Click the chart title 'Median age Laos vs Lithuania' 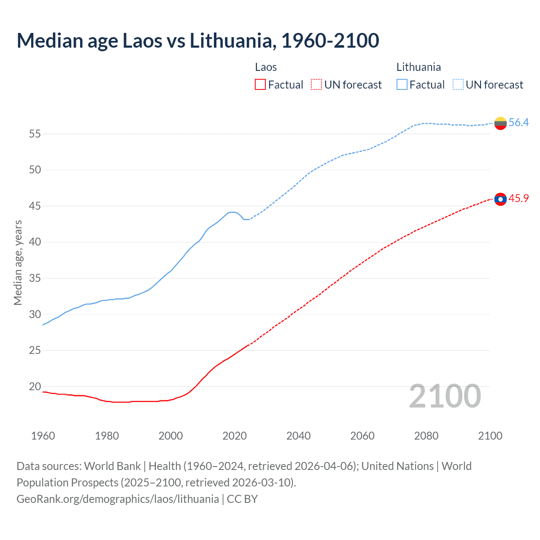pyautogui.click(x=197, y=40)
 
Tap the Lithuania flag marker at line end pyautogui.click(x=500, y=123)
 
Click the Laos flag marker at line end pyautogui.click(x=500, y=199)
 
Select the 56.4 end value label pyautogui.click(x=518, y=123)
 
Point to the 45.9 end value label pyautogui.click(x=518, y=199)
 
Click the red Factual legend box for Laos pyautogui.click(x=260, y=85)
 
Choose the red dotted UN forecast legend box pyautogui.click(x=316, y=85)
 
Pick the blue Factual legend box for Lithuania pyautogui.click(x=402, y=85)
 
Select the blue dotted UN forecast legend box pyautogui.click(x=458, y=85)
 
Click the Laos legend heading pyautogui.click(x=266, y=67)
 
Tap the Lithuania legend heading pyautogui.click(x=418, y=67)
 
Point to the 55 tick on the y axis pyautogui.click(x=35, y=134)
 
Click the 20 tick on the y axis pyautogui.click(x=35, y=386)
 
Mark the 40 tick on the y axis pyautogui.click(x=35, y=242)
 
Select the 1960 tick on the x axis pyautogui.click(x=43, y=436)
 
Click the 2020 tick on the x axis pyautogui.click(x=235, y=436)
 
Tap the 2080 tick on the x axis pyautogui.click(x=426, y=436)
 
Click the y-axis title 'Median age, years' pyautogui.click(x=18, y=262)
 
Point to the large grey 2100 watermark pyautogui.click(x=445, y=396)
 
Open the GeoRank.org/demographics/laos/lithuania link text pyautogui.click(x=118, y=499)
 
